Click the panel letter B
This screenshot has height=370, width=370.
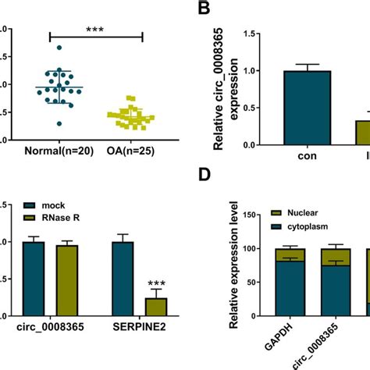(204, 10)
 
